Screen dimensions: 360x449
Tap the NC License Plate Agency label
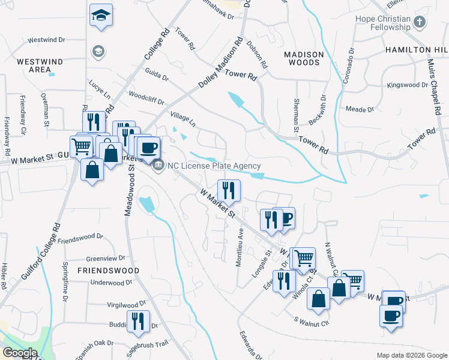pyautogui.click(x=214, y=166)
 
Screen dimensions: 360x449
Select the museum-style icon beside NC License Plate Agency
pyautogui.click(x=158, y=166)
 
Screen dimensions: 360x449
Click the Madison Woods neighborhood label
pyautogui.click(x=304, y=58)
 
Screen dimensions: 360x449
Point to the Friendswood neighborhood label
pyautogui.click(x=108, y=271)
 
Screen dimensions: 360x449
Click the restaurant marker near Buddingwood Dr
pyautogui.click(x=138, y=321)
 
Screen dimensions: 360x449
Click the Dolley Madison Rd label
pyautogui.click(x=220, y=63)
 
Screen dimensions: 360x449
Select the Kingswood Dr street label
pyautogui.click(x=407, y=85)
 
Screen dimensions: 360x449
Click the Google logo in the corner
pyautogui.click(x=19, y=353)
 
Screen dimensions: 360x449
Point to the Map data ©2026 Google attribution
pyautogui.click(x=412, y=355)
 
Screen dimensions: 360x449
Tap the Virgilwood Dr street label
pyautogui.click(x=126, y=304)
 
